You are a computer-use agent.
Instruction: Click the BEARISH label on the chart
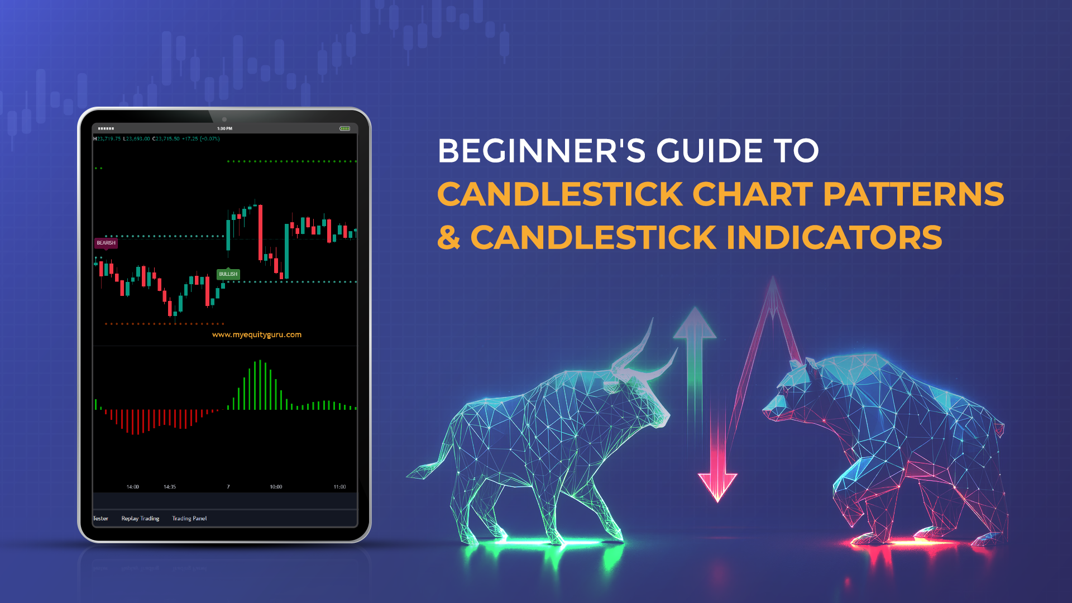coord(106,243)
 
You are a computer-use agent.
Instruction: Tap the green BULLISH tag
coord(228,274)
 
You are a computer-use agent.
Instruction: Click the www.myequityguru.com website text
coord(257,334)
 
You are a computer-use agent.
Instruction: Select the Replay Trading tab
coord(140,519)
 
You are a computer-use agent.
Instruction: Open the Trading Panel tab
coord(189,519)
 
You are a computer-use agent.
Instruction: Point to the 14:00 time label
coord(132,487)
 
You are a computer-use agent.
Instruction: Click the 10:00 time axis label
coord(276,487)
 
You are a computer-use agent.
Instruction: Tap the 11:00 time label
coord(339,487)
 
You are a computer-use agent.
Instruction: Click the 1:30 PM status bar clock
coord(224,128)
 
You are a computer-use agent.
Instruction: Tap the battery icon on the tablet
coord(345,128)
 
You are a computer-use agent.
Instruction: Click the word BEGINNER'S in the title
coord(542,151)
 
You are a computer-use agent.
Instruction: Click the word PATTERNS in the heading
coord(913,194)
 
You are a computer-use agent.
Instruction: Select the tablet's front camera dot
coord(224,119)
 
